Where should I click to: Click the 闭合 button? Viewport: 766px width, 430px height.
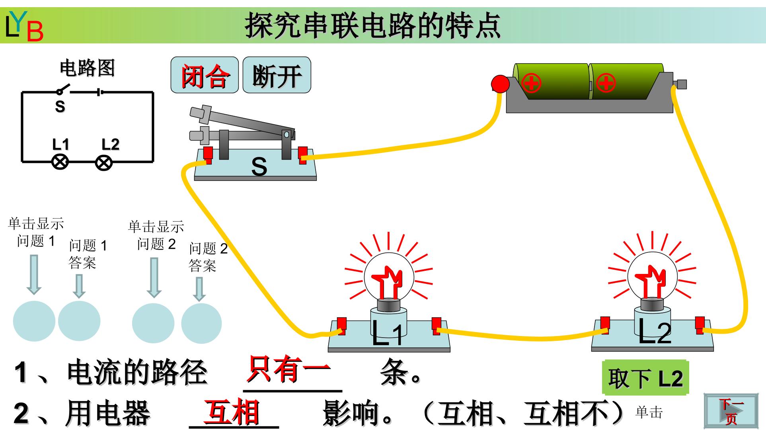click(205, 75)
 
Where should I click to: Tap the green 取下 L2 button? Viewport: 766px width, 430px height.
click(645, 377)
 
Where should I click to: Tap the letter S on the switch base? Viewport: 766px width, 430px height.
click(259, 167)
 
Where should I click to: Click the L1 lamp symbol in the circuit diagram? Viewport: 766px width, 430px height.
click(60, 162)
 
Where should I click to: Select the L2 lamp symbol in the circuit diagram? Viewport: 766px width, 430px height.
click(104, 162)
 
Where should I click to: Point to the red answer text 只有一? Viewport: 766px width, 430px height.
click(288, 368)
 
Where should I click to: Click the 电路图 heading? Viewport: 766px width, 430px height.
click(87, 68)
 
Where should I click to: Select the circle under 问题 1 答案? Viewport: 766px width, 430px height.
click(79, 321)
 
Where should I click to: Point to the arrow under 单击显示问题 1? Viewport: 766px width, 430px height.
click(34, 275)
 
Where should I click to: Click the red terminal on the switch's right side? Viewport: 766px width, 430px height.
click(303, 154)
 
